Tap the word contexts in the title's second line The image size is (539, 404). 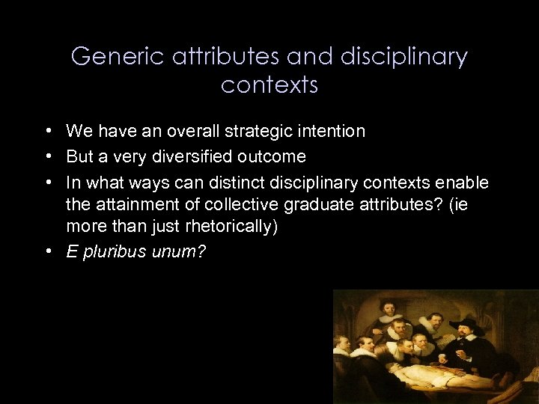tap(269, 85)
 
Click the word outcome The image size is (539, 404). tap(272, 157)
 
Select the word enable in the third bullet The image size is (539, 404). tap(466, 183)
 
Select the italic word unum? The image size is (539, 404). tap(178, 252)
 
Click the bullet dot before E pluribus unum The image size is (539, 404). tap(47, 251)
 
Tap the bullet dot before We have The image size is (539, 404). tap(47, 131)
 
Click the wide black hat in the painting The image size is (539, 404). tap(466, 324)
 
